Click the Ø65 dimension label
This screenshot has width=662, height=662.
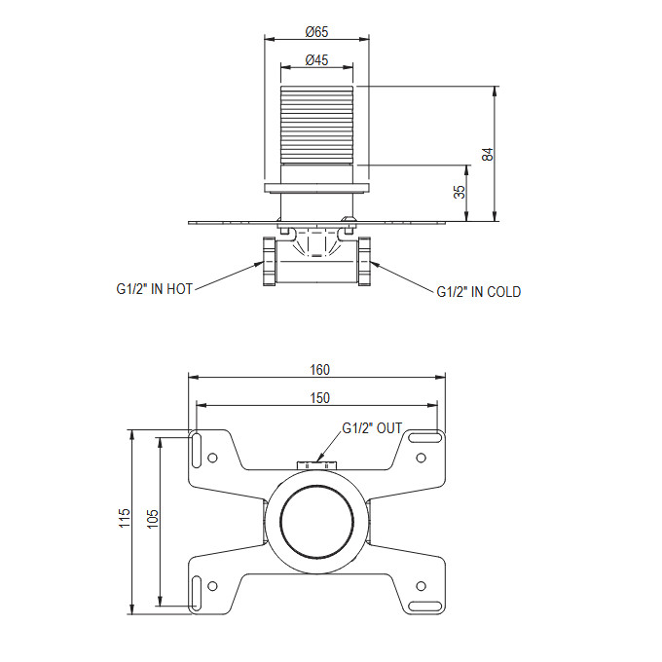coord(316,32)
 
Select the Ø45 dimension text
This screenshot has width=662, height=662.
coord(316,60)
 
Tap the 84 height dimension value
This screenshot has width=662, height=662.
coord(488,154)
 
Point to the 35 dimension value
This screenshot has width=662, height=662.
coord(460,192)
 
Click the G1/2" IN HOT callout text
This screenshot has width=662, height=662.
coord(155,289)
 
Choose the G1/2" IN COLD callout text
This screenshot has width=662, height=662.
coord(479,292)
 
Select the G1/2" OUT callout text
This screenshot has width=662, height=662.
coord(372,428)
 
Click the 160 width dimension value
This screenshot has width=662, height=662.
coord(319,370)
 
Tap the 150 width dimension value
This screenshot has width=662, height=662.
coord(319,398)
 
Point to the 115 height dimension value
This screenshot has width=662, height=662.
coord(125,518)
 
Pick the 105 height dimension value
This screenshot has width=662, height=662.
coord(153,519)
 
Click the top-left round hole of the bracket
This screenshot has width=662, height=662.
coord(213,458)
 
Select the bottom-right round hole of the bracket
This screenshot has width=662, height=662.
coord(421,586)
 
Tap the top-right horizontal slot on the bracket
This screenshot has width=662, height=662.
coord(425,437)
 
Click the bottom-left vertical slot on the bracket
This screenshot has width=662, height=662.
coord(197,593)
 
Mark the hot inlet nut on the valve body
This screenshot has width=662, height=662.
coord(269,261)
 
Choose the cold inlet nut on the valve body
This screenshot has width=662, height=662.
coord(364,261)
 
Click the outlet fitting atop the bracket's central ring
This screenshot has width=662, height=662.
coord(317,465)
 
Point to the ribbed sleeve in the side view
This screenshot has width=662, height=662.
coord(316,125)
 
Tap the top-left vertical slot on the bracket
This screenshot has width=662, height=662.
coord(197,450)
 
